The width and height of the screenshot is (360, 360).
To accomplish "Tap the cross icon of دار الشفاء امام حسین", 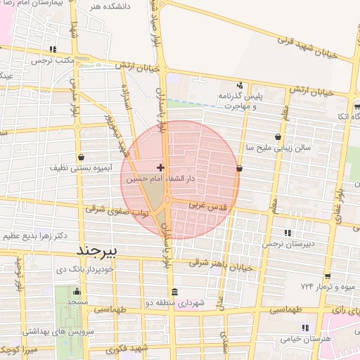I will click(161, 167).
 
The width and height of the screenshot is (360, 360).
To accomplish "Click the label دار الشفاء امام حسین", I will click(160, 180).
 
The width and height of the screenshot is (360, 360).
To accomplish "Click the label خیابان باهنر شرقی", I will click(221, 264).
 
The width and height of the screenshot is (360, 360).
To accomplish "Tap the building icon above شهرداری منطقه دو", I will click(174, 292).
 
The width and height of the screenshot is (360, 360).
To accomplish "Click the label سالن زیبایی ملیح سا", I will click(276, 148).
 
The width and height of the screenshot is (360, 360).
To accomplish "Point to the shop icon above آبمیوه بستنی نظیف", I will click(82, 157).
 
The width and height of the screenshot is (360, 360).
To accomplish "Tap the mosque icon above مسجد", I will click(77, 291).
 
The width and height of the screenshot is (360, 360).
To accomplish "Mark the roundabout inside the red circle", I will click(168, 200).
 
